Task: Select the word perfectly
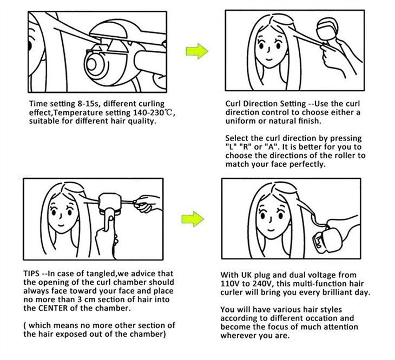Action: (304, 164)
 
